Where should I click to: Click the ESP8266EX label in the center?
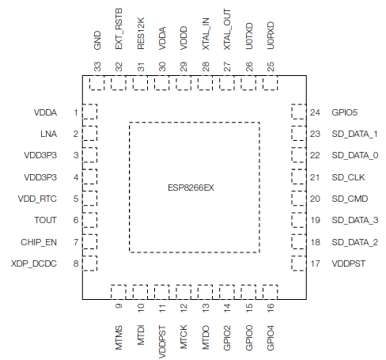[191, 188]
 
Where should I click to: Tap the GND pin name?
[97, 40]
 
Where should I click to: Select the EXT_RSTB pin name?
[119, 28]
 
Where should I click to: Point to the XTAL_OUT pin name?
[227, 29]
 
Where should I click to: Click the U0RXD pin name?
[271, 36]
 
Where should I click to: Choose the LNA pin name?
[48, 134]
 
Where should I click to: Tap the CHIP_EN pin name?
[39, 242]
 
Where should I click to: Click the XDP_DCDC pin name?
[34, 263]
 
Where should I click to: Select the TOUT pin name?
[45, 220]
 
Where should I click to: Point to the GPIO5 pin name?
[344, 112]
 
